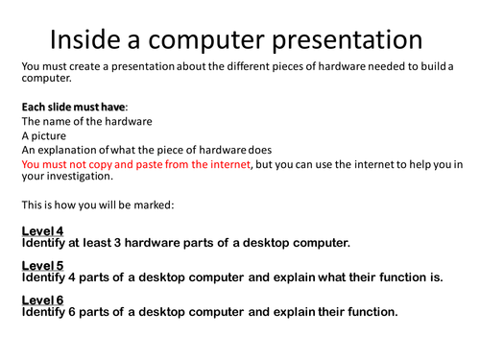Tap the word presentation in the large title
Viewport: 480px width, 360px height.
point(341,39)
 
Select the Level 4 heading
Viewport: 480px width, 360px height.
point(42,230)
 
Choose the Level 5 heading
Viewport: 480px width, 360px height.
point(42,266)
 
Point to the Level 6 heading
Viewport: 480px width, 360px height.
point(42,300)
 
